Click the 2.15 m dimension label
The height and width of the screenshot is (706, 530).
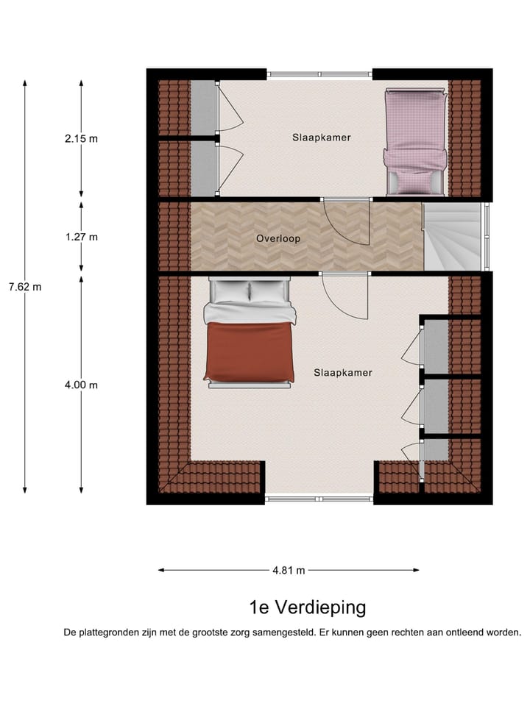[x=81, y=138]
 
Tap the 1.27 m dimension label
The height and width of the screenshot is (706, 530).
[x=81, y=237]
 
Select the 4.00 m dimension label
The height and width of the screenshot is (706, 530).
[x=81, y=385]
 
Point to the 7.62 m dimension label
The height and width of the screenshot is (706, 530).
[x=25, y=287]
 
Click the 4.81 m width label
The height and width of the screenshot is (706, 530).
[x=289, y=570]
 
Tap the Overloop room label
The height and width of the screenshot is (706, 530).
[x=278, y=239]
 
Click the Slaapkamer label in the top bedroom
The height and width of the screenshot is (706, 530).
[x=321, y=138]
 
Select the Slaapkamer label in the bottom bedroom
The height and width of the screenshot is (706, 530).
[x=343, y=373]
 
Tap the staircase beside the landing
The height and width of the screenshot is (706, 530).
[x=451, y=236]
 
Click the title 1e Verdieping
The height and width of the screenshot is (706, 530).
[x=307, y=607]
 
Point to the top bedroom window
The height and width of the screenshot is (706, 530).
[x=319, y=74]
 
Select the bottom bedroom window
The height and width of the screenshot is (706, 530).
[x=319, y=499]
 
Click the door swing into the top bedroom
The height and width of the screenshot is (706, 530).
[x=346, y=222]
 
